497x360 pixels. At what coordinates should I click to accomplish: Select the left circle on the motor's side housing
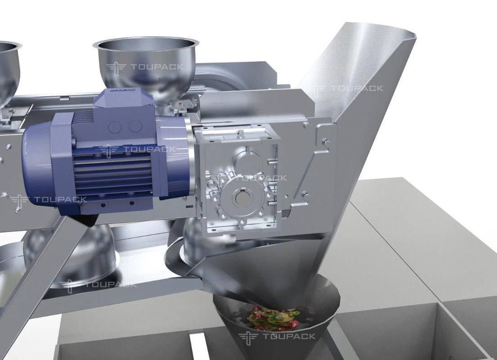click(x=115, y=127)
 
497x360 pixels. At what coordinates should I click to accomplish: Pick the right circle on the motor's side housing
click(x=135, y=126)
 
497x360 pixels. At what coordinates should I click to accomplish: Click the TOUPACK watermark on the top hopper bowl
click(x=145, y=67)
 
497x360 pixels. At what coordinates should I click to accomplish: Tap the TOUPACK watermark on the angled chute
click(x=348, y=89)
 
